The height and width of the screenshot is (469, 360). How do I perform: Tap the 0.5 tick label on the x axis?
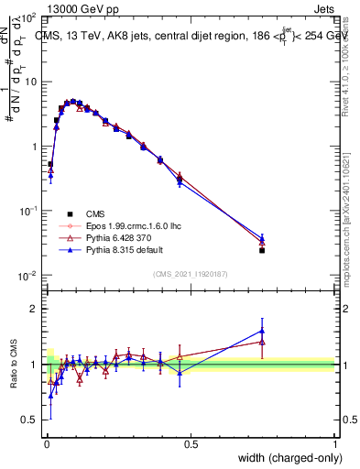tap(191, 444)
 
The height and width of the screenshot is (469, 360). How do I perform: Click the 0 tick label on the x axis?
tap(47, 444)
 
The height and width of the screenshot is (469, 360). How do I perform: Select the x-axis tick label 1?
tap(334, 444)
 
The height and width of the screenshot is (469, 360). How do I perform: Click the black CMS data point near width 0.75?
tap(262, 249)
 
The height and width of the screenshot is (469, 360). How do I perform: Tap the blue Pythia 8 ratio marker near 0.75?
tap(262, 331)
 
